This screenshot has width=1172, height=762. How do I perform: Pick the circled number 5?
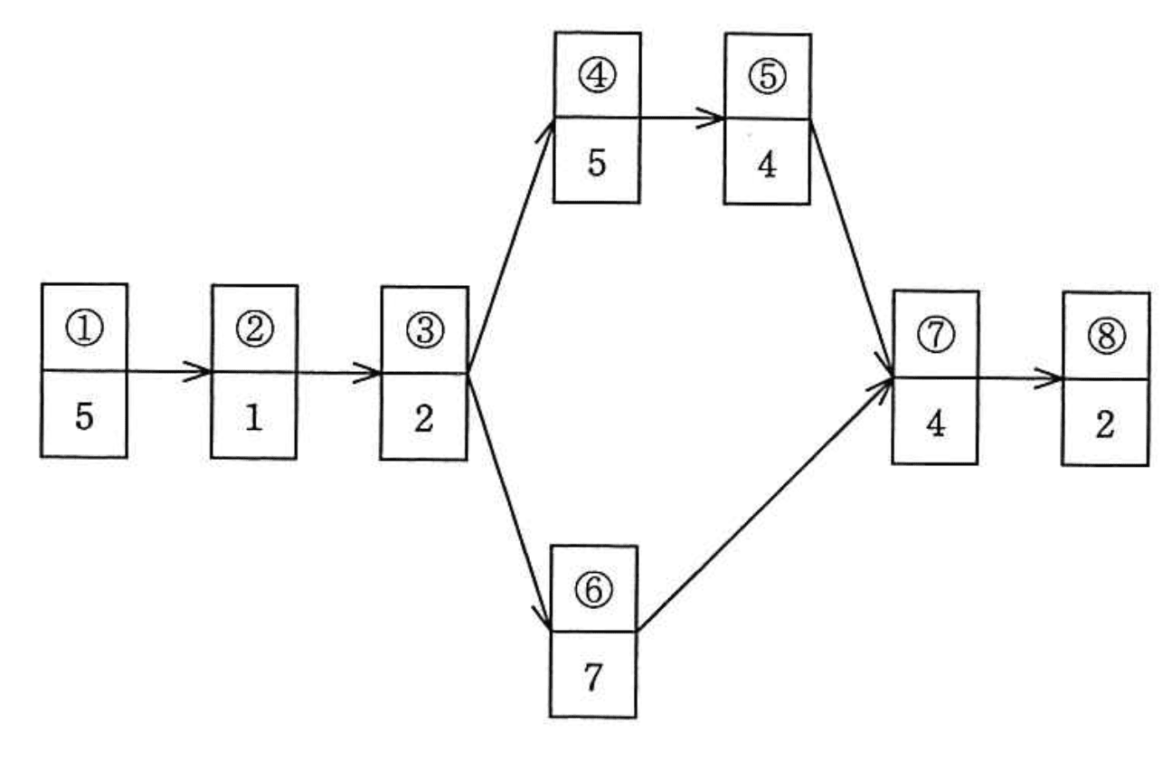(x=767, y=76)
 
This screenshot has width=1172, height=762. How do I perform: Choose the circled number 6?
(x=594, y=587)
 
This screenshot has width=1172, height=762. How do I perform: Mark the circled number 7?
(x=935, y=334)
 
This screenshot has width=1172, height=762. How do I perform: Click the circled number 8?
(x=1105, y=336)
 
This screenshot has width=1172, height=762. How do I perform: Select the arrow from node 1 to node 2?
(x=169, y=371)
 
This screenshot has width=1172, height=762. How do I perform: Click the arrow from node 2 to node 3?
(x=339, y=372)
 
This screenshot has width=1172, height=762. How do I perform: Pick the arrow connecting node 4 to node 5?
(x=682, y=118)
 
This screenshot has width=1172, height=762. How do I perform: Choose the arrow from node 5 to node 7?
(x=851, y=249)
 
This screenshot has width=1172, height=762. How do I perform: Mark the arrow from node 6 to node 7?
(x=765, y=503)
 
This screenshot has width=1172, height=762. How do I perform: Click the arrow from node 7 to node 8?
(x=1020, y=378)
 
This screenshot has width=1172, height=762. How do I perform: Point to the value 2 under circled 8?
(x=1104, y=426)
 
